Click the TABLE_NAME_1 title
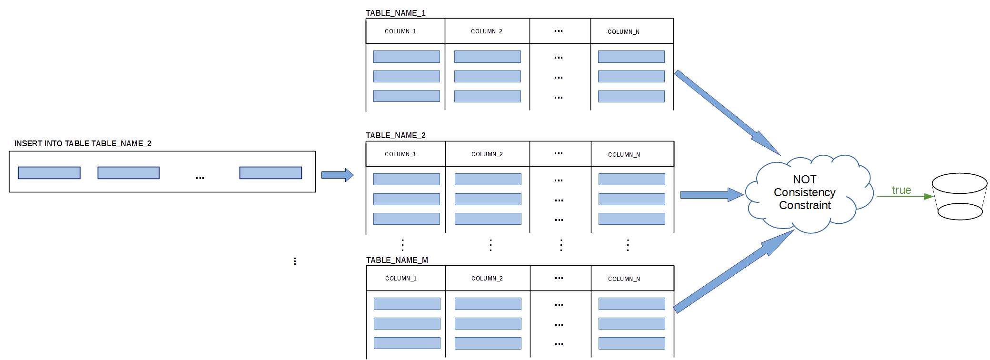(396, 13)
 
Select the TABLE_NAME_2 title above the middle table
(396, 135)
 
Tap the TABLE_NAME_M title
(397, 260)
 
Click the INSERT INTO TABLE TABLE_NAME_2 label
(83, 143)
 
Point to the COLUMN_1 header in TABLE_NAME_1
(400, 31)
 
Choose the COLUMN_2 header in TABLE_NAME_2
(487, 154)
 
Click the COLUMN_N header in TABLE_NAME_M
(624, 279)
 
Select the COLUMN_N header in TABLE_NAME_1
(623, 32)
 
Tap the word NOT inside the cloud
(805, 180)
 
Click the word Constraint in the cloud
(805, 205)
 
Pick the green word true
(901, 190)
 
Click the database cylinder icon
(960, 196)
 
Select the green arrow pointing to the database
(905, 196)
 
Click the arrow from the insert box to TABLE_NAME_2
(338, 175)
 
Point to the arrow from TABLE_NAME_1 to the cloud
(728, 113)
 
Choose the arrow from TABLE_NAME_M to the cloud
(734, 271)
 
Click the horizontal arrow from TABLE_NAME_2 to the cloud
(712, 194)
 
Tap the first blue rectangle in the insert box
(49, 173)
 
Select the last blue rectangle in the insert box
(270, 173)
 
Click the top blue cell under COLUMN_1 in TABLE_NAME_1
(407, 57)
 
